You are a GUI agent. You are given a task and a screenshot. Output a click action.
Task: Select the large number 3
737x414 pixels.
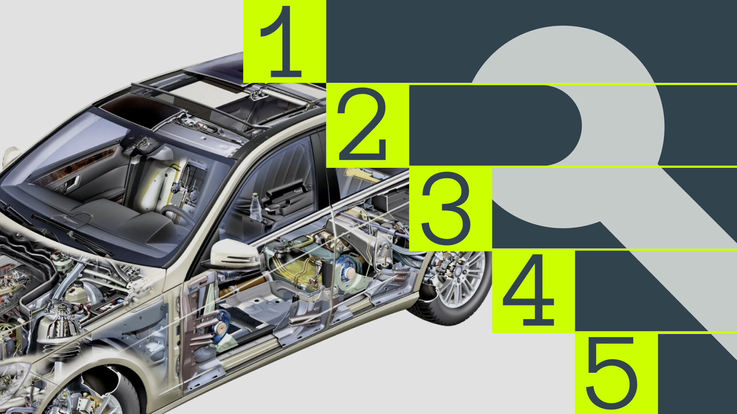446,208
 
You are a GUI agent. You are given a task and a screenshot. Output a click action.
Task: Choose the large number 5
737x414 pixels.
612,373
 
